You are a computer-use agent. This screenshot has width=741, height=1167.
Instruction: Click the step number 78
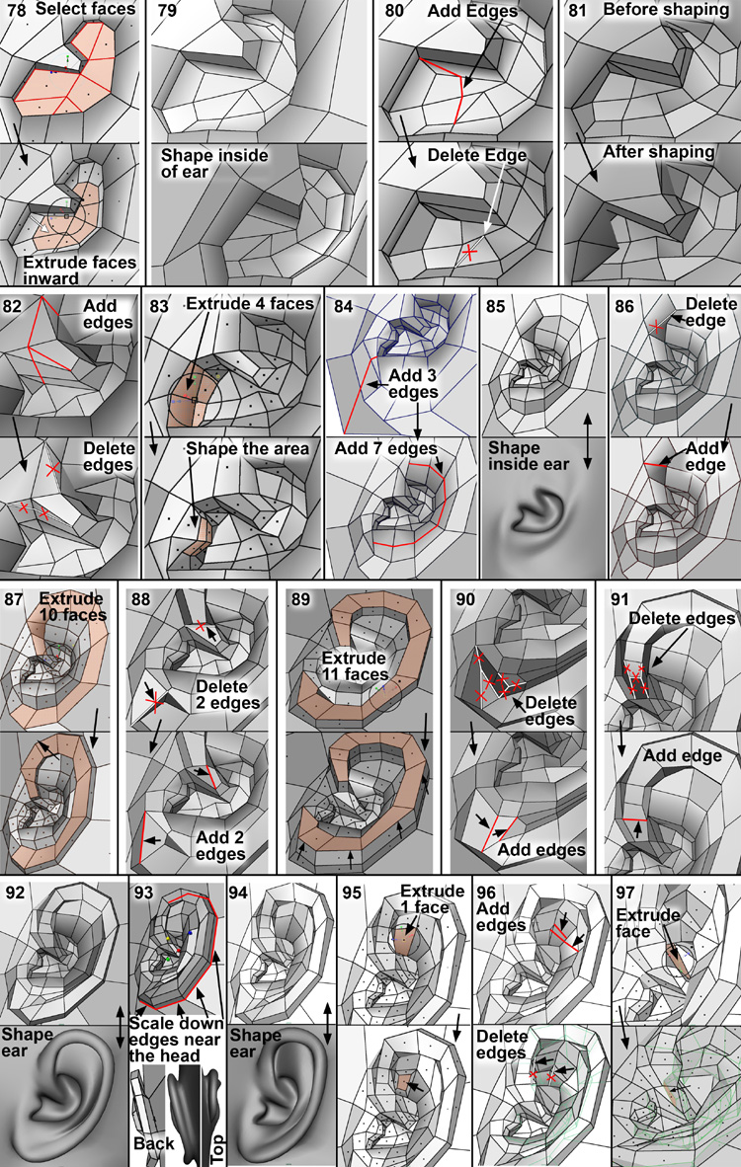click(x=14, y=11)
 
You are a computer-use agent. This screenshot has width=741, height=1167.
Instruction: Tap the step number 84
click(x=343, y=306)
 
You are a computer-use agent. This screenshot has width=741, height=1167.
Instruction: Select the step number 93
click(x=144, y=892)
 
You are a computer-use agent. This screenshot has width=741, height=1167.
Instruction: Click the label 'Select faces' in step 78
click(x=86, y=10)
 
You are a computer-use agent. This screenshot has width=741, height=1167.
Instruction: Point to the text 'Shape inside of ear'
click(x=214, y=163)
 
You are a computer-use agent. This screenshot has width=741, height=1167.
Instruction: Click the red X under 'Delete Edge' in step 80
click(x=469, y=253)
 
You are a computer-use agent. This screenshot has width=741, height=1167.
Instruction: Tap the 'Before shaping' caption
click(x=666, y=10)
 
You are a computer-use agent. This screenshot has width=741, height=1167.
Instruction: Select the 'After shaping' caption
click(x=658, y=153)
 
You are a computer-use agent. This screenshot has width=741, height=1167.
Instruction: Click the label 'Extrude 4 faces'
click(x=250, y=304)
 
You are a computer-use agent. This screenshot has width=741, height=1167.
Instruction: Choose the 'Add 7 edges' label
click(x=385, y=449)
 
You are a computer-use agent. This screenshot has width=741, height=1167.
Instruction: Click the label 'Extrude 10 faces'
click(x=73, y=606)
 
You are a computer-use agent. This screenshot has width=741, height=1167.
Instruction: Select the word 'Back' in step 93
click(x=153, y=1143)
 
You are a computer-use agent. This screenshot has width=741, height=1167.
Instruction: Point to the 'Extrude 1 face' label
click(x=432, y=899)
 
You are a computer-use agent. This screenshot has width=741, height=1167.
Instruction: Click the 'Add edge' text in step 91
click(x=682, y=755)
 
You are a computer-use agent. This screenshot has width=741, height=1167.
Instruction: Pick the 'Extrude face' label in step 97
click(x=648, y=923)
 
